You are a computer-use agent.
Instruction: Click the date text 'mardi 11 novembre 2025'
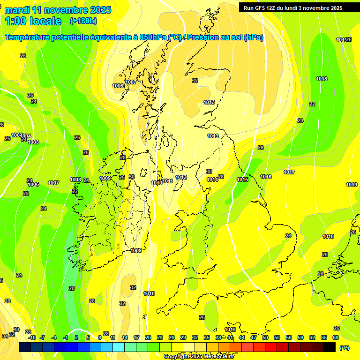pyautogui.click(x=58, y=10)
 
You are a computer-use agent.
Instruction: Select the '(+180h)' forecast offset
pyautogui.click(x=83, y=21)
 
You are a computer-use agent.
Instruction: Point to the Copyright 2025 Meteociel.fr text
pyautogui.click(x=199, y=356)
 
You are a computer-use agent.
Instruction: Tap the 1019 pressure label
pyautogui.click(x=352, y=185)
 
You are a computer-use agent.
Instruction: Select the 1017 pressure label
pyautogui.click(x=289, y=172)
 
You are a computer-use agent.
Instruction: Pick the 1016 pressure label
pyautogui.click(x=266, y=177)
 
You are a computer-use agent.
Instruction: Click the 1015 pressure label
pyautogui.click(x=242, y=180)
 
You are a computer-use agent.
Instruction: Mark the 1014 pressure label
pyautogui.click(x=212, y=180)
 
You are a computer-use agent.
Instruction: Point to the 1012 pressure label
pyautogui.click(x=181, y=177)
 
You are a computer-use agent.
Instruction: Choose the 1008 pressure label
pyautogui.click(x=75, y=180)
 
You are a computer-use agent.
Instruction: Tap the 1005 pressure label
pyautogui.click(x=33, y=142)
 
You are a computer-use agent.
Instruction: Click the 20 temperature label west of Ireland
pyautogui.click(x=72, y=288)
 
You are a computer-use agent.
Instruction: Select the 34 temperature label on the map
pyautogui.click(x=5, y=336)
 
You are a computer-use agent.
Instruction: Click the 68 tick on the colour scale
pyautogui.click(x=336, y=337)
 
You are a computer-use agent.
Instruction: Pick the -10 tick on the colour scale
pyautogui.click(x=32, y=337)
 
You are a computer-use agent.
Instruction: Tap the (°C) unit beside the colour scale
pyautogui.click(x=344, y=348)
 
